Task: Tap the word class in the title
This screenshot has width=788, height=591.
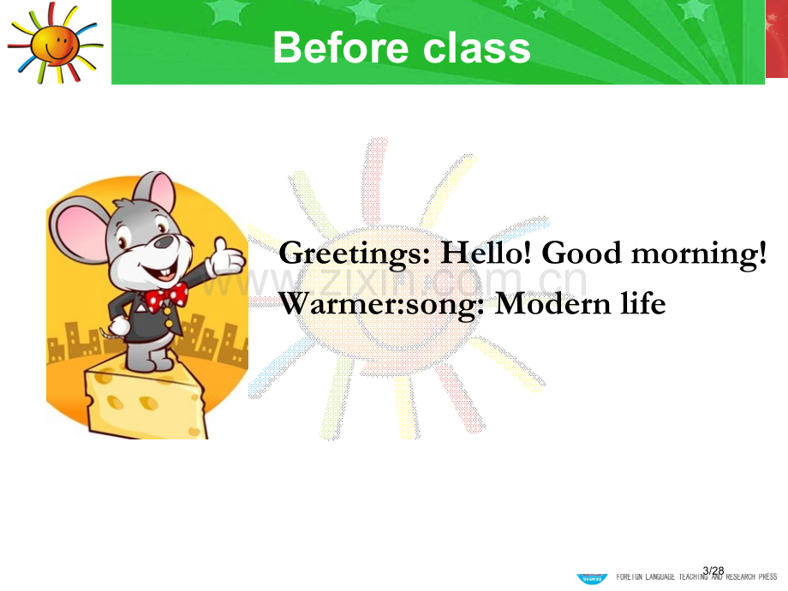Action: (477, 48)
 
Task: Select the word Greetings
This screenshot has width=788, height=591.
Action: (355, 254)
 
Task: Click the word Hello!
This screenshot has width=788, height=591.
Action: (486, 252)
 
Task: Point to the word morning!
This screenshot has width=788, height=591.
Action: (699, 254)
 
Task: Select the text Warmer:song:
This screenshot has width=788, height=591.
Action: (382, 305)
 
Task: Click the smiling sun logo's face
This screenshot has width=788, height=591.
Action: (54, 44)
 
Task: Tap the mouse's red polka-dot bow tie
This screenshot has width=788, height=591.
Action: (166, 297)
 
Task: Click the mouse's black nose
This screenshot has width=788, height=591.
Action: (164, 242)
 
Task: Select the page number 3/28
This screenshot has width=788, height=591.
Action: (713, 570)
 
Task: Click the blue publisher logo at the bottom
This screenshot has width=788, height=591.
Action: (592, 578)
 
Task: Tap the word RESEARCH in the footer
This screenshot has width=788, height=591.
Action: (741, 577)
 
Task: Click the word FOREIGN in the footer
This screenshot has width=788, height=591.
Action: (630, 577)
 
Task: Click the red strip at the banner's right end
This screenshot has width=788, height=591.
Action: (777, 39)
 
